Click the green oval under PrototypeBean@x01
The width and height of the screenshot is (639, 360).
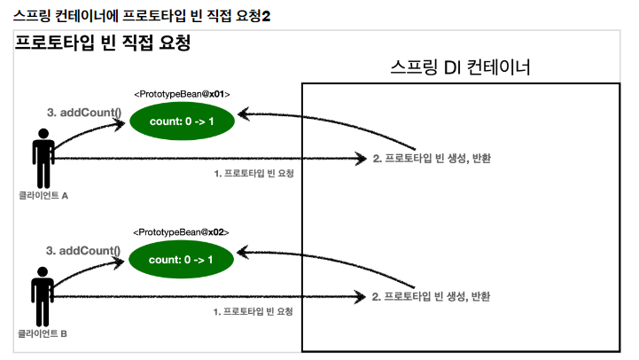click(182, 121)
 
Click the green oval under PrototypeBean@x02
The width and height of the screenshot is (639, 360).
click(182, 259)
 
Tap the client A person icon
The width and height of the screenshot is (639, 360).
click(43, 158)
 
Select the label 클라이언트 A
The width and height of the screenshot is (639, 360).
click(43, 195)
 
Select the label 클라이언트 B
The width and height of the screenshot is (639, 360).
click(43, 334)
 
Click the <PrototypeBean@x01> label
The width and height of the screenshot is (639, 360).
click(182, 93)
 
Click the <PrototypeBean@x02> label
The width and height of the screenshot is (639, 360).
click(182, 231)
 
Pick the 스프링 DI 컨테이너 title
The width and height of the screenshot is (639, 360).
click(460, 68)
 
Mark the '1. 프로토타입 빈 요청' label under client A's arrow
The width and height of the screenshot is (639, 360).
click(253, 174)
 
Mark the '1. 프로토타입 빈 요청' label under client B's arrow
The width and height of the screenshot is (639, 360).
click(253, 312)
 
